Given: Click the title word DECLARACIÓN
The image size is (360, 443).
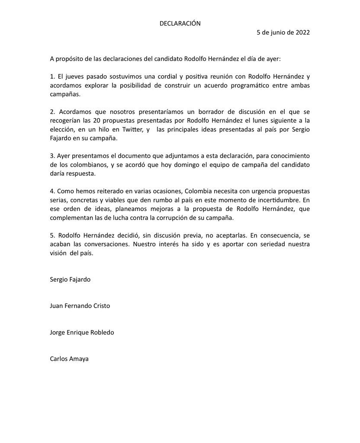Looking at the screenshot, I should tap(180, 23).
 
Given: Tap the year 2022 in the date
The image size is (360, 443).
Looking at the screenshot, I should tap(302, 32).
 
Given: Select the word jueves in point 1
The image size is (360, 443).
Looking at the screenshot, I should tap(73, 76).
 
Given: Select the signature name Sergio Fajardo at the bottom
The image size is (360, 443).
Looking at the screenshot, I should tap(70, 279).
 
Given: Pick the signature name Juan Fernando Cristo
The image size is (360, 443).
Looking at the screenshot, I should tap(80, 306).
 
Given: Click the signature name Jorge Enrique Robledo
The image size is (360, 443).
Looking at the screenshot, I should tap(82, 332).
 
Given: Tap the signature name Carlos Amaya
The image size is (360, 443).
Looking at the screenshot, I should tap(69, 359).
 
